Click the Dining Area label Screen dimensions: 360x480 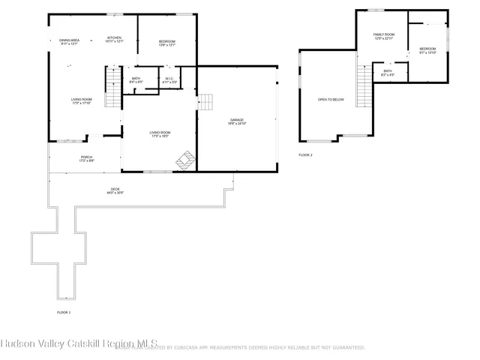[70, 39]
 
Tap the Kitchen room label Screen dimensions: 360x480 [114, 37]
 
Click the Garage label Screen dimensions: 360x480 [237, 119]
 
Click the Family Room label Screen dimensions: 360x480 [383, 34]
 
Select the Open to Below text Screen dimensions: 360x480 [331, 99]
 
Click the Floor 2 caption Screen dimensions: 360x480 [305, 154]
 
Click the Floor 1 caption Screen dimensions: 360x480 [64, 312]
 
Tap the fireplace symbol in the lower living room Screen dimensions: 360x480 [184, 160]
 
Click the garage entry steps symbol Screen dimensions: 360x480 [205, 103]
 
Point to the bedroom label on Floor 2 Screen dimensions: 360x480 [427, 48]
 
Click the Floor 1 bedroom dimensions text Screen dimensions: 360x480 [166, 44]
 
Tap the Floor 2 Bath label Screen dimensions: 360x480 [388, 71]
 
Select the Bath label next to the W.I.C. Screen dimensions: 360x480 [136, 78]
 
